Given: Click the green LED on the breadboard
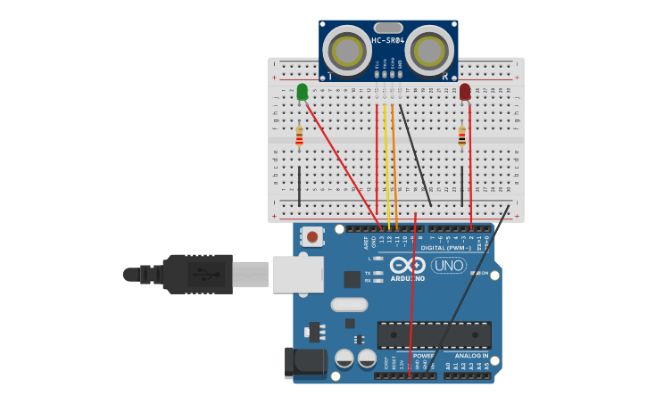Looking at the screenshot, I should [302, 91].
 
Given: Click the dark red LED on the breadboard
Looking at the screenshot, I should [465, 91].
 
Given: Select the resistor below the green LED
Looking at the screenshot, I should [299, 136].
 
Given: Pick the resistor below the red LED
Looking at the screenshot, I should [461, 136].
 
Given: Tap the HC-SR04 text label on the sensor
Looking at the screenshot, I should [387, 40].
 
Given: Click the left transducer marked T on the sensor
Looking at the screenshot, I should [346, 49].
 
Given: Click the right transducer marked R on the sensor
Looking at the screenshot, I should [429, 49].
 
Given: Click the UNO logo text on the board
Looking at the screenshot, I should [449, 265].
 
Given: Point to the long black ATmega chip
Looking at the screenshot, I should [434, 335].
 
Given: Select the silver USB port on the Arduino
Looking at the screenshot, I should [297, 274].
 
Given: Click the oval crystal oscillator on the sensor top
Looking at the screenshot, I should [387, 28].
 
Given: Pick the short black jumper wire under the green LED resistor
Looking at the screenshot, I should [299, 185].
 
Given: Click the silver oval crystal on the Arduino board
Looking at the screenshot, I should [349, 304].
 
